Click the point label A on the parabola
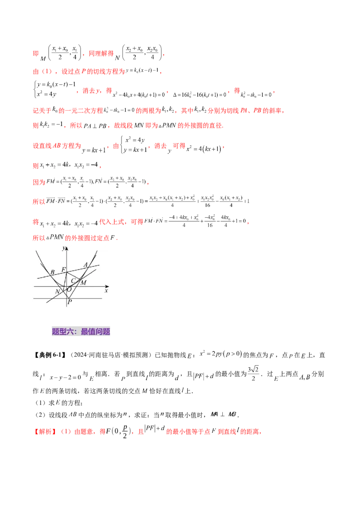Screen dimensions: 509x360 (x=85, y=265)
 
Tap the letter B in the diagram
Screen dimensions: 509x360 (x=53, y=272)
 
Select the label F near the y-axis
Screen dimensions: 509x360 (x=63, y=269)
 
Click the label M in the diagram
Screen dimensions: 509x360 (x=83, y=282)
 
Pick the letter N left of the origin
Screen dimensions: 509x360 (x=57, y=292)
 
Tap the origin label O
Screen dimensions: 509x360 (x=69, y=290)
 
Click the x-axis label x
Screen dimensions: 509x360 (x=106, y=291)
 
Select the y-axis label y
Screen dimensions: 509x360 (x=64, y=248)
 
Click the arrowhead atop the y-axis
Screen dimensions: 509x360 (x=67, y=248)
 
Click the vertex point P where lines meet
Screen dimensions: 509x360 (x=67, y=298)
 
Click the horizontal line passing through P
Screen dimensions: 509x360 (x=90, y=298)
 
